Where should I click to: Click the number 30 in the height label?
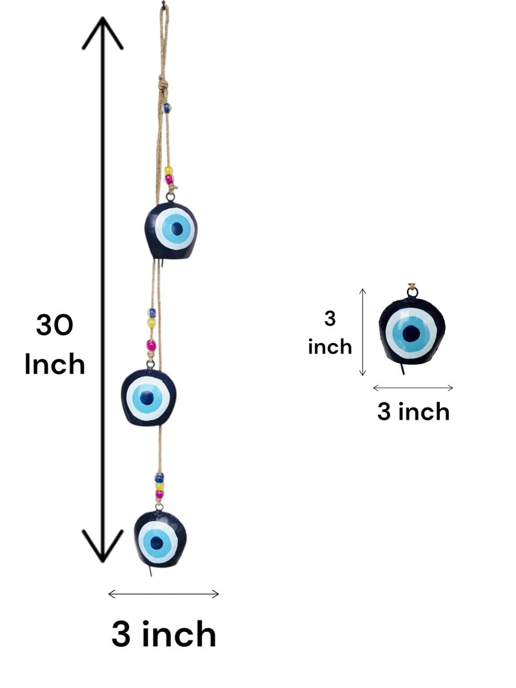pyautogui.click(x=54, y=325)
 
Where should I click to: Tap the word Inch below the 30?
pyautogui.click(x=54, y=364)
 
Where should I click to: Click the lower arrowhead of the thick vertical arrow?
pyautogui.click(x=103, y=545)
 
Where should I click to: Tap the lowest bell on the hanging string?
pyautogui.click(x=160, y=539)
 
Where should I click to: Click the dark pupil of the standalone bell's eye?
pyautogui.click(x=411, y=333)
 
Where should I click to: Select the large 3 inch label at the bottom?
pyautogui.click(x=164, y=634)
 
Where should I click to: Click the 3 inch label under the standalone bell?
pyautogui.click(x=413, y=411)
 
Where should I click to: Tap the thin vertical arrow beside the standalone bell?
pyautogui.click(x=362, y=332)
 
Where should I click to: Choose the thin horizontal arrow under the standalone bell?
pyautogui.click(x=413, y=388)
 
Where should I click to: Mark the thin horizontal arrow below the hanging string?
pyautogui.click(x=163, y=594)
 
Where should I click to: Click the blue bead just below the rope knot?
pyautogui.click(x=167, y=108)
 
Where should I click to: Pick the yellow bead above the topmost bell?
pyautogui.click(x=168, y=170)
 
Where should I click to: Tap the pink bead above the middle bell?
pyautogui.click(x=151, y=346)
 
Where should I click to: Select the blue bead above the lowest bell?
pyautogui.click(x=159, y=477)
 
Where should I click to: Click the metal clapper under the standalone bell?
pyautogui.click(x=402, y=369)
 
